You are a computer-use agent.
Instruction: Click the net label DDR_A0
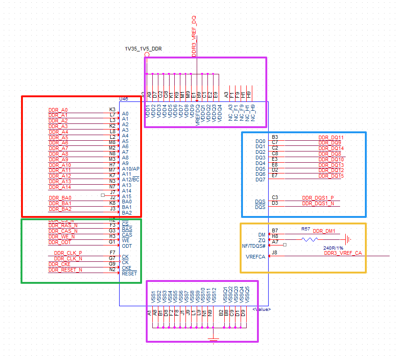click(x=58, y=110)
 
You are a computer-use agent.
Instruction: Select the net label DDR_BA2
click(x=60, y=209)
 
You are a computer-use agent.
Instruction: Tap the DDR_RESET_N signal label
click(x=65, y=270)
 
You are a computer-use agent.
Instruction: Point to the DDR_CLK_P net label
click(x=68, y=253)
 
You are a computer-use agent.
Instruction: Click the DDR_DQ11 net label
click(x=331, y=137)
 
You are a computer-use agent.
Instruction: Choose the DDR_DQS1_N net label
click(x=318, y=203)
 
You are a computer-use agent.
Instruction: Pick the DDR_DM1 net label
click(x=324, y=231)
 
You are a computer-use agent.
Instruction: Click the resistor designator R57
click(x=306, y=230)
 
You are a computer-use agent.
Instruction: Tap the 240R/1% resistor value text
click(x=333, y=248)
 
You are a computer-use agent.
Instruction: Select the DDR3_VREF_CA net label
click(x=342, y=253)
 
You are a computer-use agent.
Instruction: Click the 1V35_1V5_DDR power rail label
click(x=143, y=49)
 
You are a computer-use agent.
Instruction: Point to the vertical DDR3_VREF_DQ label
click(x=194, y=36)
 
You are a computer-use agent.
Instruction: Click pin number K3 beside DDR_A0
click(x=112, y=109)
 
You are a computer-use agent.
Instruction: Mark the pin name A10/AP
click(x=130, y=169)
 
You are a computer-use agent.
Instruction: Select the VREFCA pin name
click(x=256, y=257)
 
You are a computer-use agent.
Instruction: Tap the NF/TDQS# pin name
click(x=254, y=246)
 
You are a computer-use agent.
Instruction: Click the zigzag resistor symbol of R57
click(x=310, y=239)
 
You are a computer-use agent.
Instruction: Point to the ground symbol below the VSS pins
click(x=213, y=340)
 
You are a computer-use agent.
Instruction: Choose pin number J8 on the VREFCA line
click(x=275, y=253)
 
